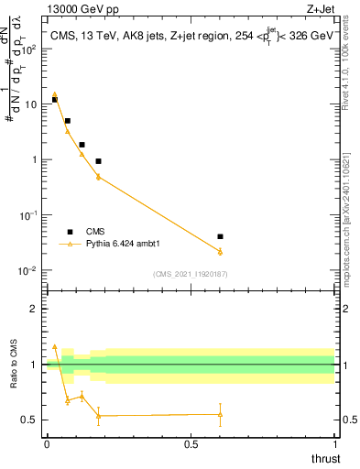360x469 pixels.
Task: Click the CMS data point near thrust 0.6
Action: [x=220, y=236]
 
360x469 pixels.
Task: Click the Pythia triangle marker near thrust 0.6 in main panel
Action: [x=220, y=251]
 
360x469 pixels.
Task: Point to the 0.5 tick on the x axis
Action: [x=191, y=443]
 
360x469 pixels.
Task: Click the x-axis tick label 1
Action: [x=334, y=443]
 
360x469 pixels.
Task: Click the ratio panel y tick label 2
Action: [x=35, y=309]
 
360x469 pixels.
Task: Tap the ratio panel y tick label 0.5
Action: [x=31, y=420]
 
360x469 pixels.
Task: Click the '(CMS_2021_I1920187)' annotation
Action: [x=191, y=273]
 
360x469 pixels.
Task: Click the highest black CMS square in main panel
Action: [x=55, y=99]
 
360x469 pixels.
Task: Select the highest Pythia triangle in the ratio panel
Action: [x=55, y=347]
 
